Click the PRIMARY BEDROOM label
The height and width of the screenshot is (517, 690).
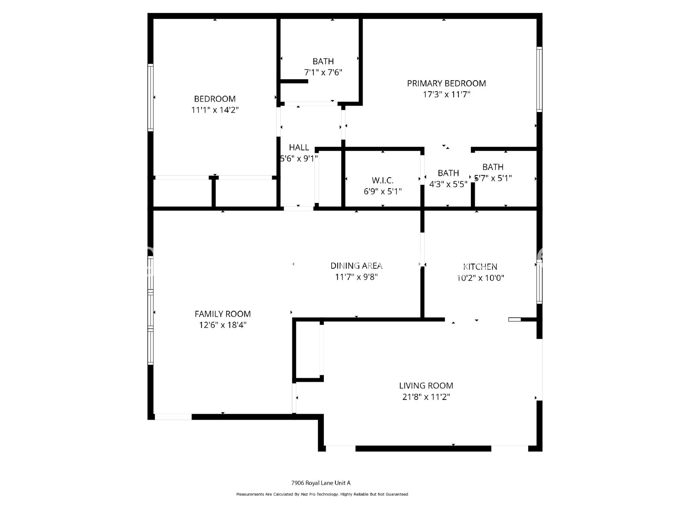coord(446,83)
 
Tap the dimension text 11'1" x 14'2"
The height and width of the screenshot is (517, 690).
coord(215,110)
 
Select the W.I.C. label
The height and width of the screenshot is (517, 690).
coord(383,181)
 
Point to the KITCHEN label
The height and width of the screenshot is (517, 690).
coord(480,267)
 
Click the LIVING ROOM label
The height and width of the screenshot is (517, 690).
coord(426,386)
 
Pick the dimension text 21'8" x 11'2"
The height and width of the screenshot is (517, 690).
coord(426,397)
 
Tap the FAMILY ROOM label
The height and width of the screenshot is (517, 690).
coord(223,314)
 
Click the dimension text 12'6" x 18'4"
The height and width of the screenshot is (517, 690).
coord(223,325)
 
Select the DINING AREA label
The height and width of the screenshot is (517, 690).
coord(356,266)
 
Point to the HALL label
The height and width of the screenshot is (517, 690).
coord(299,147)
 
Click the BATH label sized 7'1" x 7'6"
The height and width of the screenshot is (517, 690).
coord(323,62)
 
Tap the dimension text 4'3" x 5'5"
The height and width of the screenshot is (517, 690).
coord(448,184)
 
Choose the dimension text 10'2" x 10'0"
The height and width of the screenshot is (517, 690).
coord(480,278)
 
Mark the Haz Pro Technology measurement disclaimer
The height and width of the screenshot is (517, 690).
coord(322,494)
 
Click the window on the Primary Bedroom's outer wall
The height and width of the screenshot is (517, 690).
coord(539,80)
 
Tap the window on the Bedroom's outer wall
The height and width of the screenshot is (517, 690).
coord(151,97)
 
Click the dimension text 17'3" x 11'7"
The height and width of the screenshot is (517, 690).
coord(446,94)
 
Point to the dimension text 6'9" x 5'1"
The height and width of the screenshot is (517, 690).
coord(383,191)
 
